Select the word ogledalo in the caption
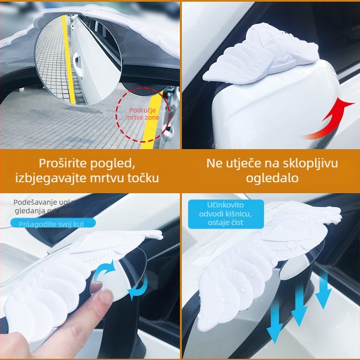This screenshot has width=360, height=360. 272,178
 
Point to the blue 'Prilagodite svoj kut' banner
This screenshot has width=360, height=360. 57,223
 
